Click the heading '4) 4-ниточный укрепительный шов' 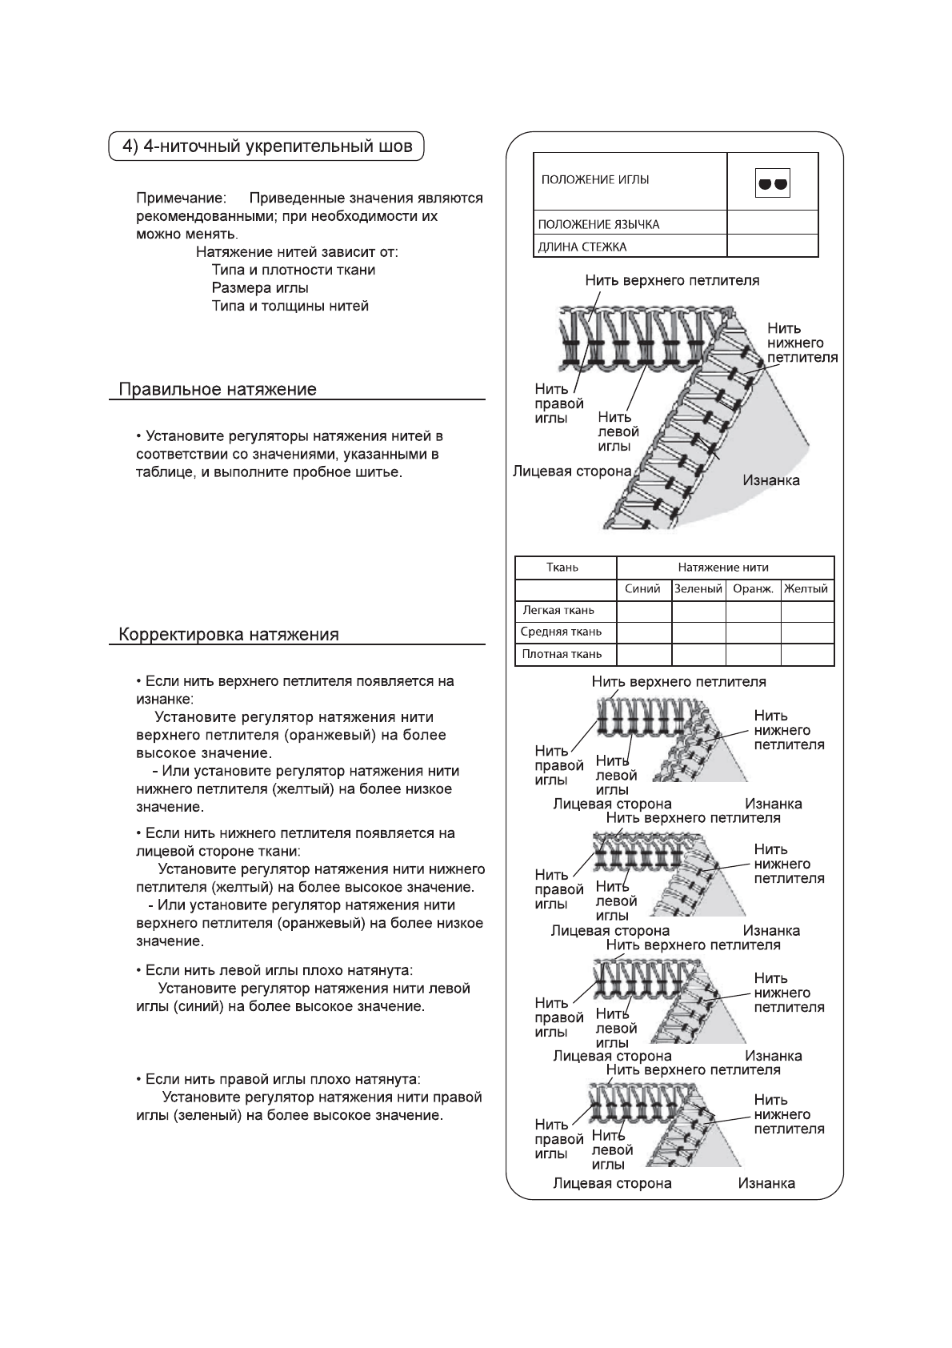(266, 146)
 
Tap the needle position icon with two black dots (772, 183)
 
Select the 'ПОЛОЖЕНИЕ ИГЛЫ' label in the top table (595, 180)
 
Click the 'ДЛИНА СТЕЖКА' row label (582, 247)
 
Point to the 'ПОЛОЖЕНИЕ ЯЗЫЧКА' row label (598, 224)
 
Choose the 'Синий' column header (643, 589)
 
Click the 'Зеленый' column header (698, 589)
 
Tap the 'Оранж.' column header (753, 589)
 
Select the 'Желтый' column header (806, 589)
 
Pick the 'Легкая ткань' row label (558, 611)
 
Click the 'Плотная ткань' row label (562, 654)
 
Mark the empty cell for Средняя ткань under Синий (644, 632)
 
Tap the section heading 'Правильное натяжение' (218, 390)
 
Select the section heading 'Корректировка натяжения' (229, 635)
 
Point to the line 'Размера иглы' (260, 288)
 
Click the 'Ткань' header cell (562, 568)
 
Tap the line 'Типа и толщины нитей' (290, 306)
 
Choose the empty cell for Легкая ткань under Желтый (807, 611)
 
